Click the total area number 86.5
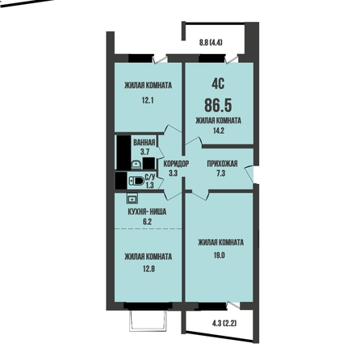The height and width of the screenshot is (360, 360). pyautogui.click(x=218, y=105)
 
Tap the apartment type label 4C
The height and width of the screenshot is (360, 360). pyautogui.click(x=218, y=85)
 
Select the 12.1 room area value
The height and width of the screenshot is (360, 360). pyautogui.click(x=148, y=101)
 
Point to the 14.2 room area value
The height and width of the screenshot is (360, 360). pyautogui.click(x=218, y=131)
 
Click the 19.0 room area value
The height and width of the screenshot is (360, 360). pyautogui.click(x=220, y=255)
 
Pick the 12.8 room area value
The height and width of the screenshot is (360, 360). pyautogui.click(x=149, y=269)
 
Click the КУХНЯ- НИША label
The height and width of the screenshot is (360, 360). pyautogui.click(x=147, y=212)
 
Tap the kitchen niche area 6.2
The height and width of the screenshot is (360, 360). pyautogui.click(x=148, y=222)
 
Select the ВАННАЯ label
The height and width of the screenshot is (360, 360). pyautogui.click(x=144, y=142)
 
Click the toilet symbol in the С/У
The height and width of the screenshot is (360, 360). pyautogui.click(x=136, y=181)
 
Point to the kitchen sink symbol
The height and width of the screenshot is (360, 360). pyautogui.click(x=132, y=199)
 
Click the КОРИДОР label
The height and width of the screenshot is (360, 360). pyautogui.click(x=176, y=164)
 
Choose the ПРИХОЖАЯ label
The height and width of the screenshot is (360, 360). pyautogui.click(x=222, y=164)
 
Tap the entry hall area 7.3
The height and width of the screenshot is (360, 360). pyautogui.click(x=220, y=174)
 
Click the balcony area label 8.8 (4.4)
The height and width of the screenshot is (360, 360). pyautogui.click(x=211, y=43)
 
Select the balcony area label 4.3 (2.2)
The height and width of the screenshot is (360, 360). pyautogui.click(x=224, y=324)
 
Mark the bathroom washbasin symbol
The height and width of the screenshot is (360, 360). pyautogui.click(x=136, y=165)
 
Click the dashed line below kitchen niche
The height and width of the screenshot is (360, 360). pyautogui.click(x=149, y=228)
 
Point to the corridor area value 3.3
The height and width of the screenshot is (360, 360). pyautogui.click(x=173, y=174)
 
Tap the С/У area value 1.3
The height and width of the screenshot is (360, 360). pyautogui.click(x=149, y=185)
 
